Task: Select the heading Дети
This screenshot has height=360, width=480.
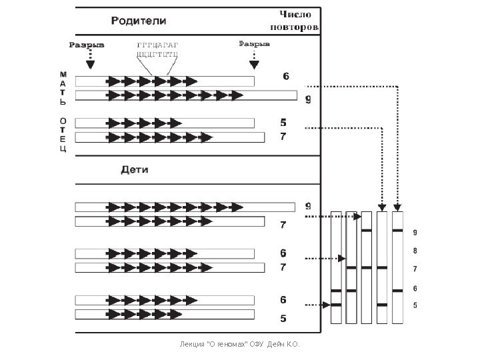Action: tap(135, 169)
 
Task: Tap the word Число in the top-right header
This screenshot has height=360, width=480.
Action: tap(295, 15)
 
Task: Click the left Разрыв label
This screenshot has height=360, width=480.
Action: tap(87, 45)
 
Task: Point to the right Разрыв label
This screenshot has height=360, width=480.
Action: tap(254, 45)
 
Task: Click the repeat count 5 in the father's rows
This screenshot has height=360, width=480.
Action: tap(283, 123)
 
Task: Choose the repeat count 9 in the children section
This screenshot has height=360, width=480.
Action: tap(308, 205)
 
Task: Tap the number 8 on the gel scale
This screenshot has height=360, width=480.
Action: tap(415, 251)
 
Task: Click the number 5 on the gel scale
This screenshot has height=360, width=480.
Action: tap(415, 305)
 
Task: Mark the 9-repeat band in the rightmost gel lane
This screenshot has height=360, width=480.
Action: tap(398, 231)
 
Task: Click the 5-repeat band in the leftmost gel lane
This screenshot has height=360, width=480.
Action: tap(336, 305)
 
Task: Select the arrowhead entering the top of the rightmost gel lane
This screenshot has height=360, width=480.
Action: tap(398, 207)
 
